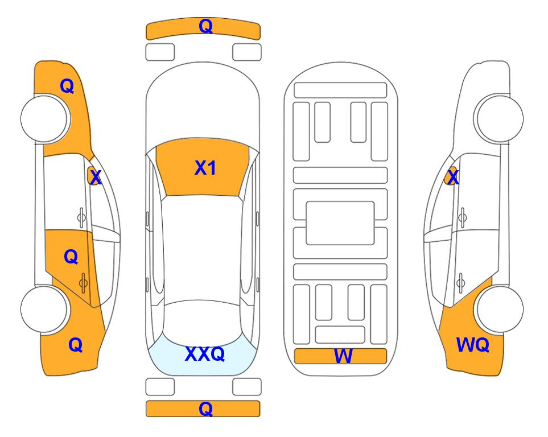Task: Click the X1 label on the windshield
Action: pos(205,168)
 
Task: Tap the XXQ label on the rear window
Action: pos(205,353)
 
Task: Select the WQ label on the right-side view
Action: pos(472,345)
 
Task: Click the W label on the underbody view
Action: pos(343,356)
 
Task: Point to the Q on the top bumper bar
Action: pos(205,26)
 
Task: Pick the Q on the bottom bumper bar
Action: pos(205,409)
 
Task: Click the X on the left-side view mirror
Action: pos(95,178)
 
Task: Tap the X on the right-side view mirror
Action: pos(453,176)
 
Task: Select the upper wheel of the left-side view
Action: pos(44,118)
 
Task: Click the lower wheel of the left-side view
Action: pos(44,310)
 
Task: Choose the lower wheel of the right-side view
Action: pos(500,310)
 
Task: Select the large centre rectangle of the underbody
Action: pos(340,223)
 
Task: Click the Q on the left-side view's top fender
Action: pos(67,86)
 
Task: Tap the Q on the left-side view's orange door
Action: pos(71,257)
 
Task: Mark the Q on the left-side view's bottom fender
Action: pos(75,345)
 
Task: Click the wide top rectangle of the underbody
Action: pos(340,90)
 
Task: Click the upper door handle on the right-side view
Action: pos(462,217)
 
